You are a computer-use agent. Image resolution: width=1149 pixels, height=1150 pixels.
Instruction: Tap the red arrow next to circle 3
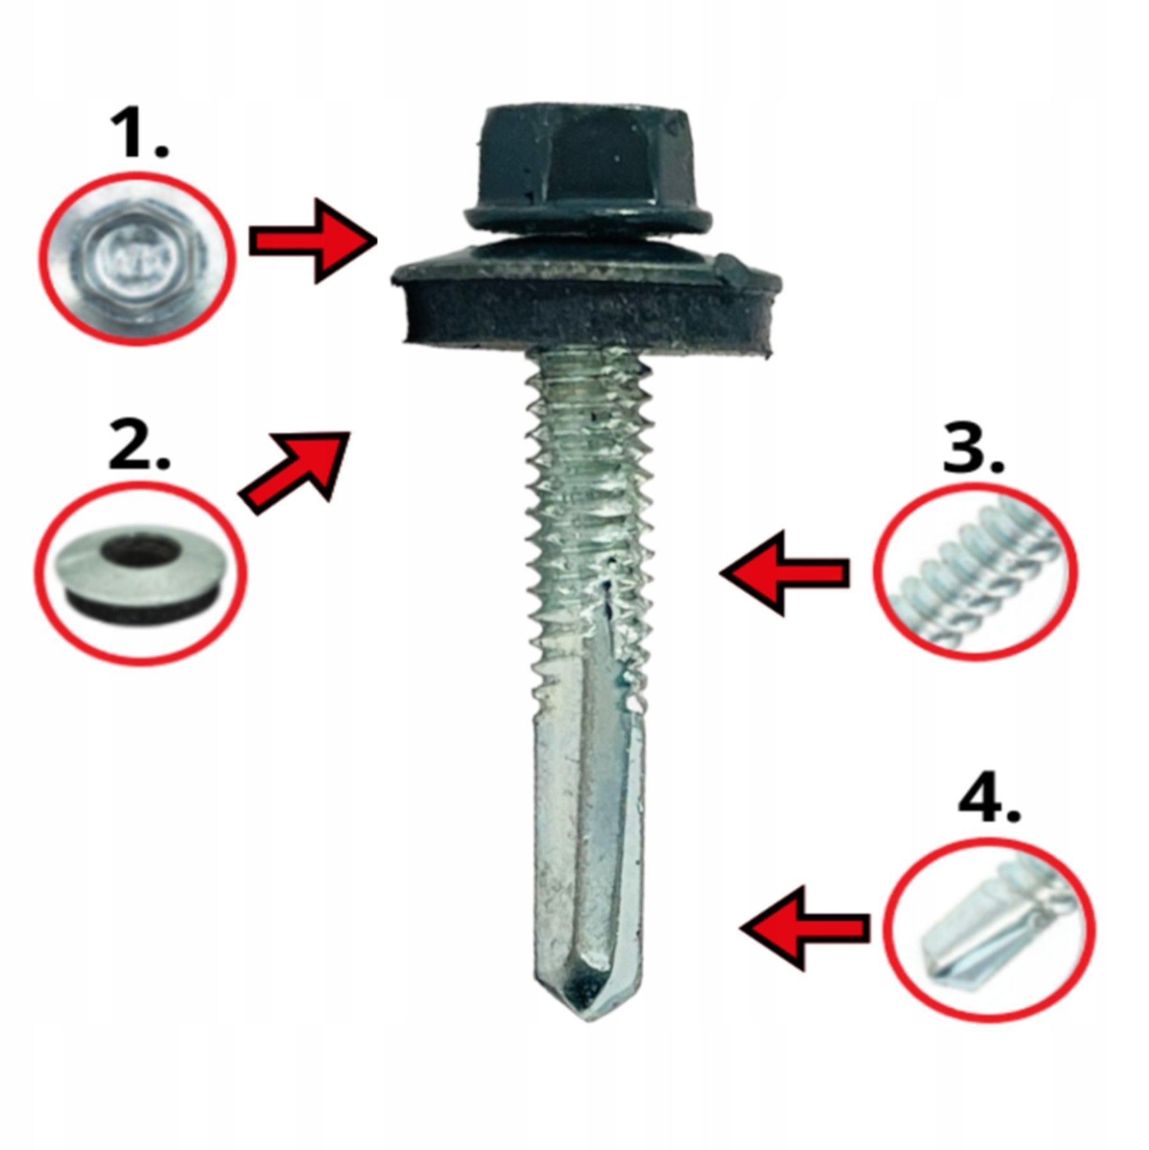tap(785, 573)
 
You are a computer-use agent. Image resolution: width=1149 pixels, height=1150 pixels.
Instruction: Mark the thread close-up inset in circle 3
tap(975, 571)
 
